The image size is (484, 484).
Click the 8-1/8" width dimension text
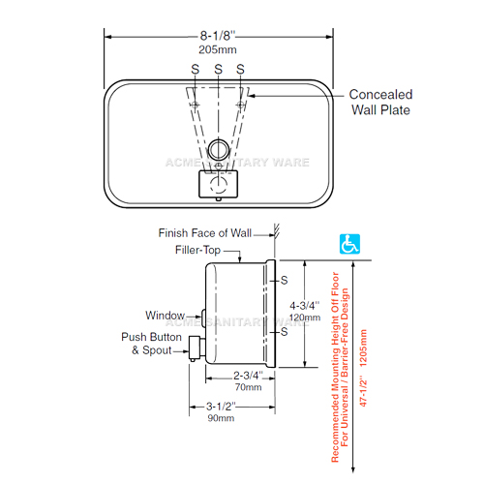tap(218, 36)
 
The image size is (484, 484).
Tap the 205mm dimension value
tap(218, 49)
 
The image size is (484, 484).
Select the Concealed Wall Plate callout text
tap(380, 102)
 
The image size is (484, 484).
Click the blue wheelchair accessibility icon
tap(349, 244)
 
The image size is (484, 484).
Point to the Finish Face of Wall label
tap(205, 233)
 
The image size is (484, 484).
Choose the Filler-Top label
tap(197, 250)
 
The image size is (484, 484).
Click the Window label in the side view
tap(166, 316)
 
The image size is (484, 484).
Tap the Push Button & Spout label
tap(151, 344)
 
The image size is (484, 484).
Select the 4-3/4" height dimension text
tap(305, 305)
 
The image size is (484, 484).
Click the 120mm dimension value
tap(305, 318)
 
